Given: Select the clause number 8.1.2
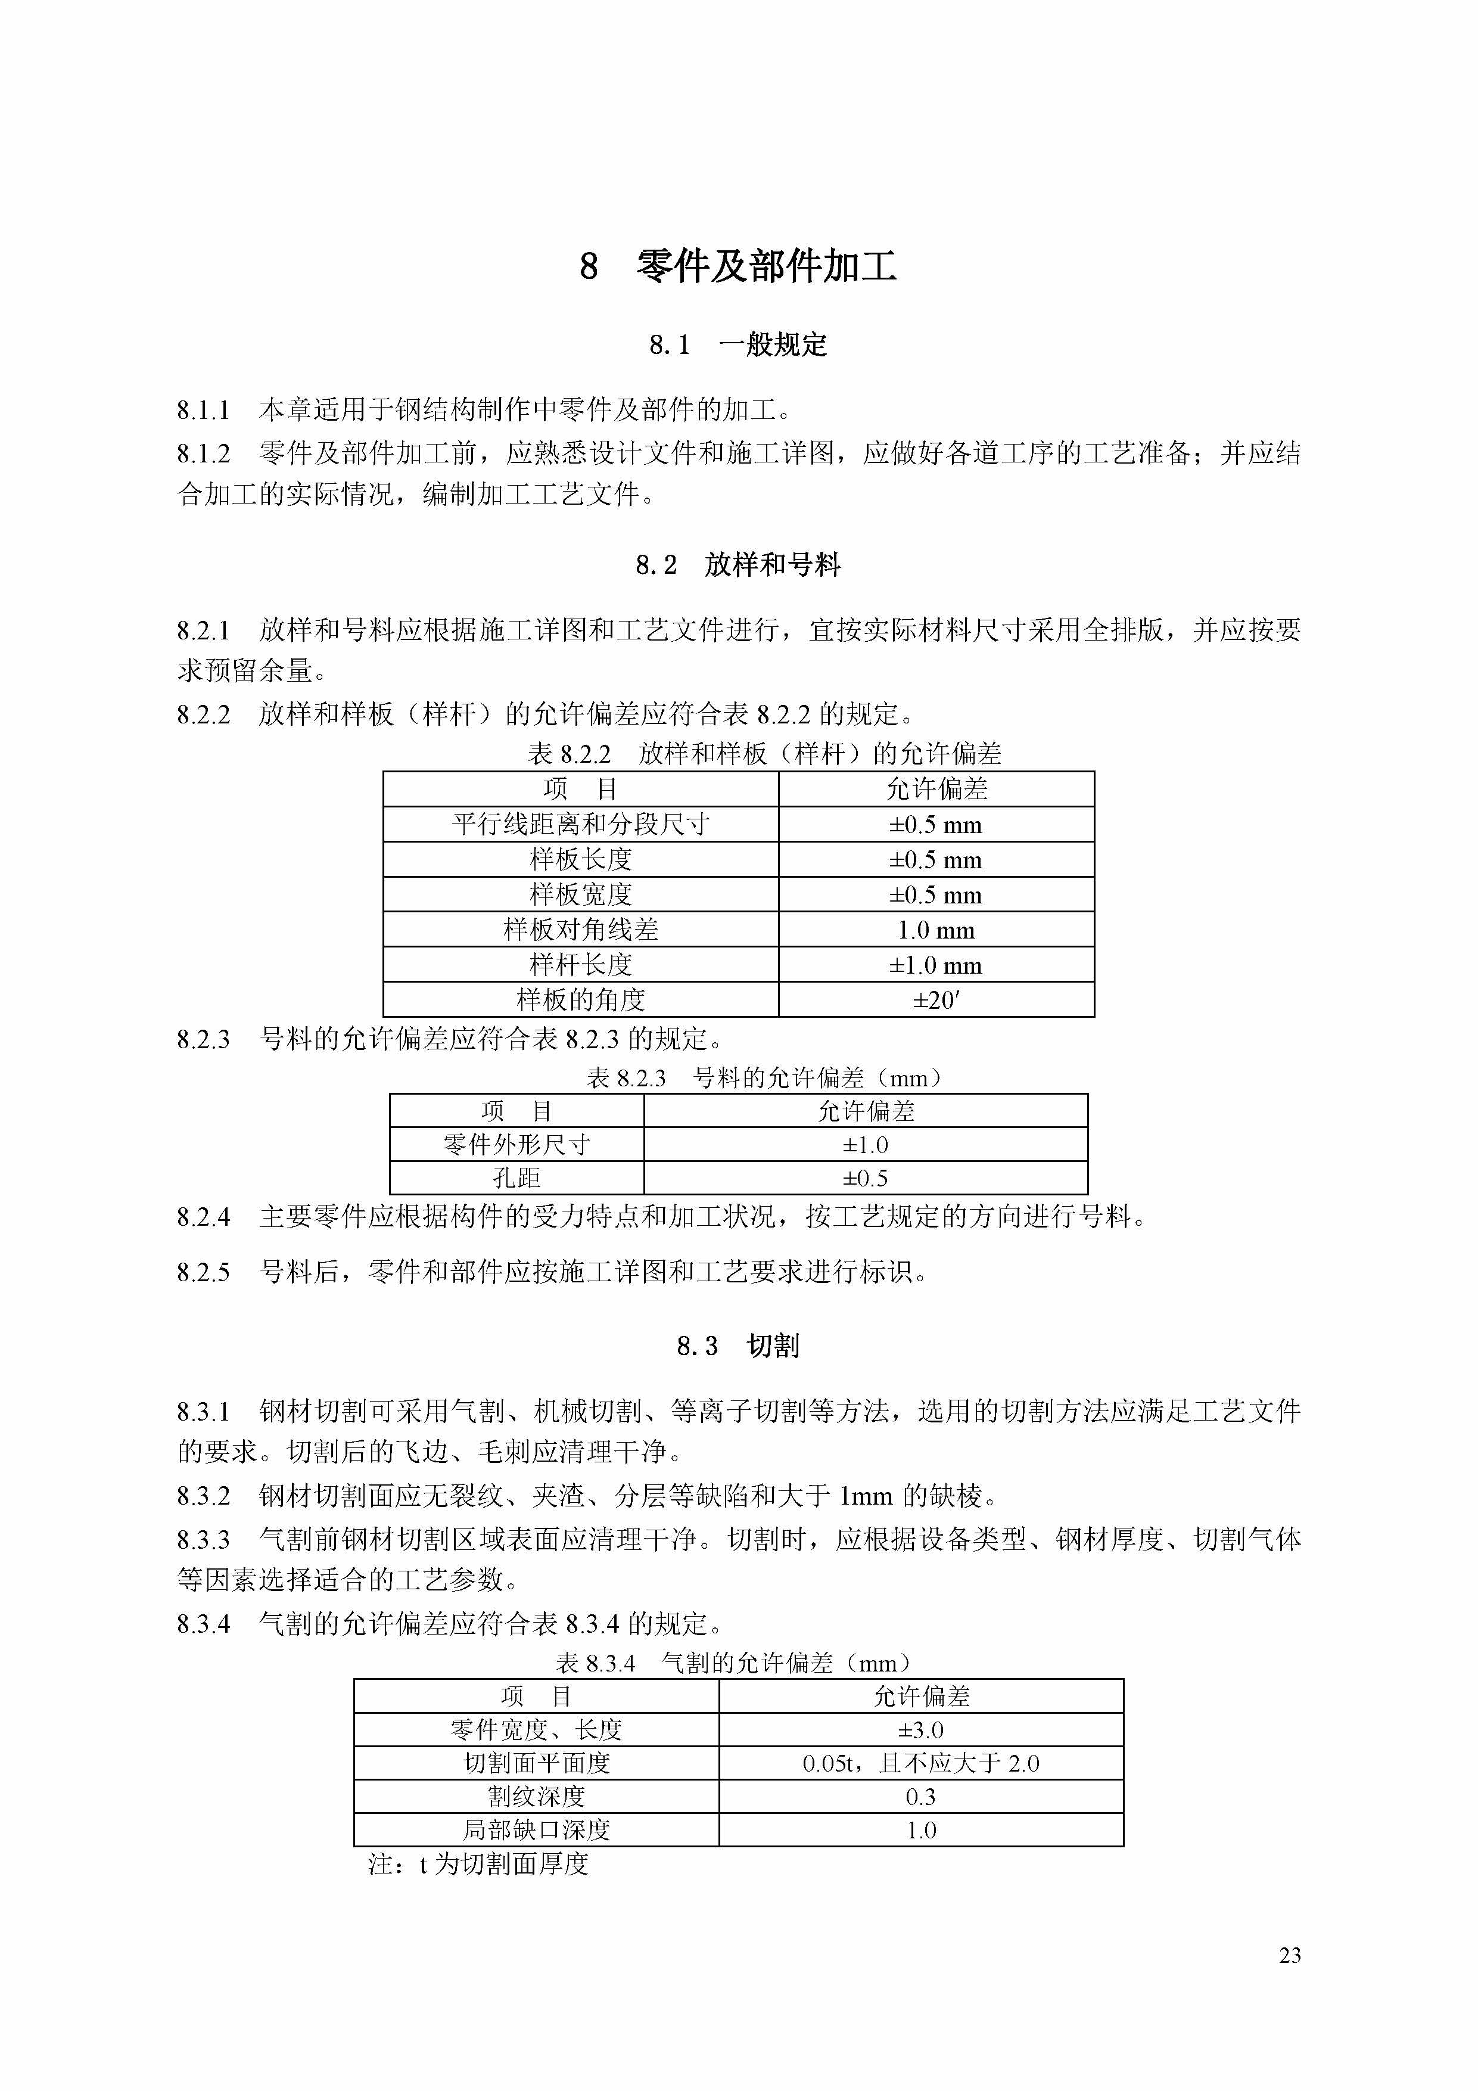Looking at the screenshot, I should click(203, 453).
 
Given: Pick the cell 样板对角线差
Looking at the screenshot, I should click(581, 930).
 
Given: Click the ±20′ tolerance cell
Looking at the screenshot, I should click(936, 1000).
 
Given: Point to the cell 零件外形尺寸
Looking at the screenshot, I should click(516, 1145).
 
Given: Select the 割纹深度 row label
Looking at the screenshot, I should click(536, 1797).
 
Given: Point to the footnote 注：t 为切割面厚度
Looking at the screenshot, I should click(479, 1864).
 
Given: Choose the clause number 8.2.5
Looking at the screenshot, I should click(203, 1272).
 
